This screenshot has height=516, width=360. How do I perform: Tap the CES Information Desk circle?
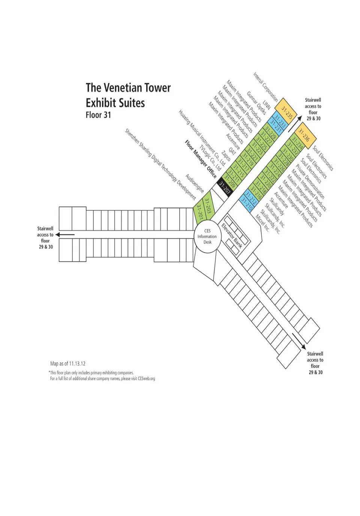point(207,237)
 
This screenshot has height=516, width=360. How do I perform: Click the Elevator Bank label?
point(232,235)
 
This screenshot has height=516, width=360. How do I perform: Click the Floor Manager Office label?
point(201,159)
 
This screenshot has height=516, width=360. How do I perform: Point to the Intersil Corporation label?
point(265,87)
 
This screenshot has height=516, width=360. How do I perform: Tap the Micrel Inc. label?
point(262,223)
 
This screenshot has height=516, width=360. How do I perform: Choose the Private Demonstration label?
point(310,181)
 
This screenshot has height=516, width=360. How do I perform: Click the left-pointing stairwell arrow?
point(65,235)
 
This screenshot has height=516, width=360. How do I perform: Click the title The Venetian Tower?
point(128,88)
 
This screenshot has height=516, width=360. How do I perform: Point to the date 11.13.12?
point(77,364)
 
